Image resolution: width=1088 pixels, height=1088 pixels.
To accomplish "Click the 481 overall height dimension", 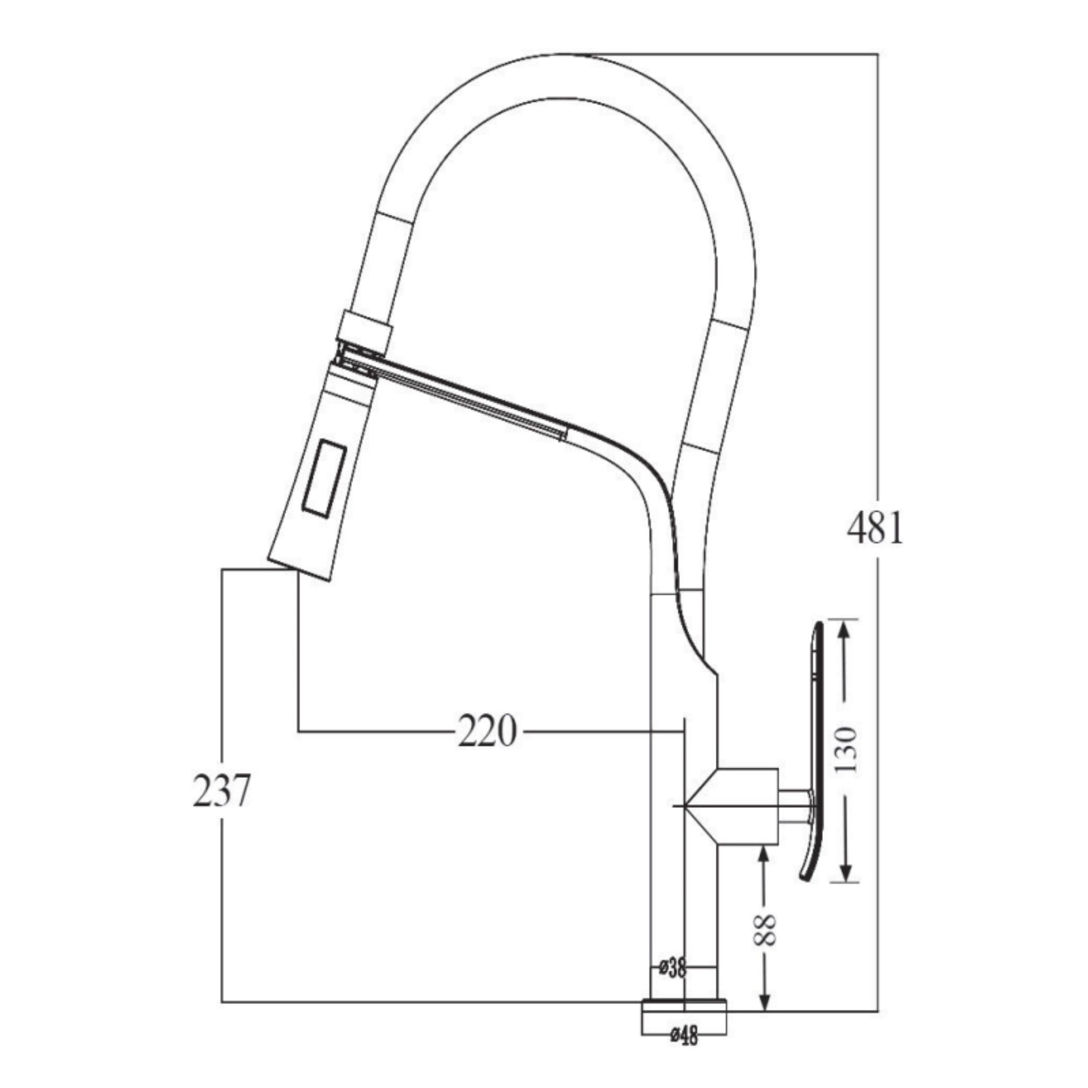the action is (x=874, y=528).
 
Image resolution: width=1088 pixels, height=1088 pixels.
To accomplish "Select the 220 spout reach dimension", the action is (x=487, y=731).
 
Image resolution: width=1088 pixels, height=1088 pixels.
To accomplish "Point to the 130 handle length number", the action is (x=845, y=750).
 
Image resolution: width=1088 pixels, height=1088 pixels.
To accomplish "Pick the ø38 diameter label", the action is (x=673, y=967).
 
